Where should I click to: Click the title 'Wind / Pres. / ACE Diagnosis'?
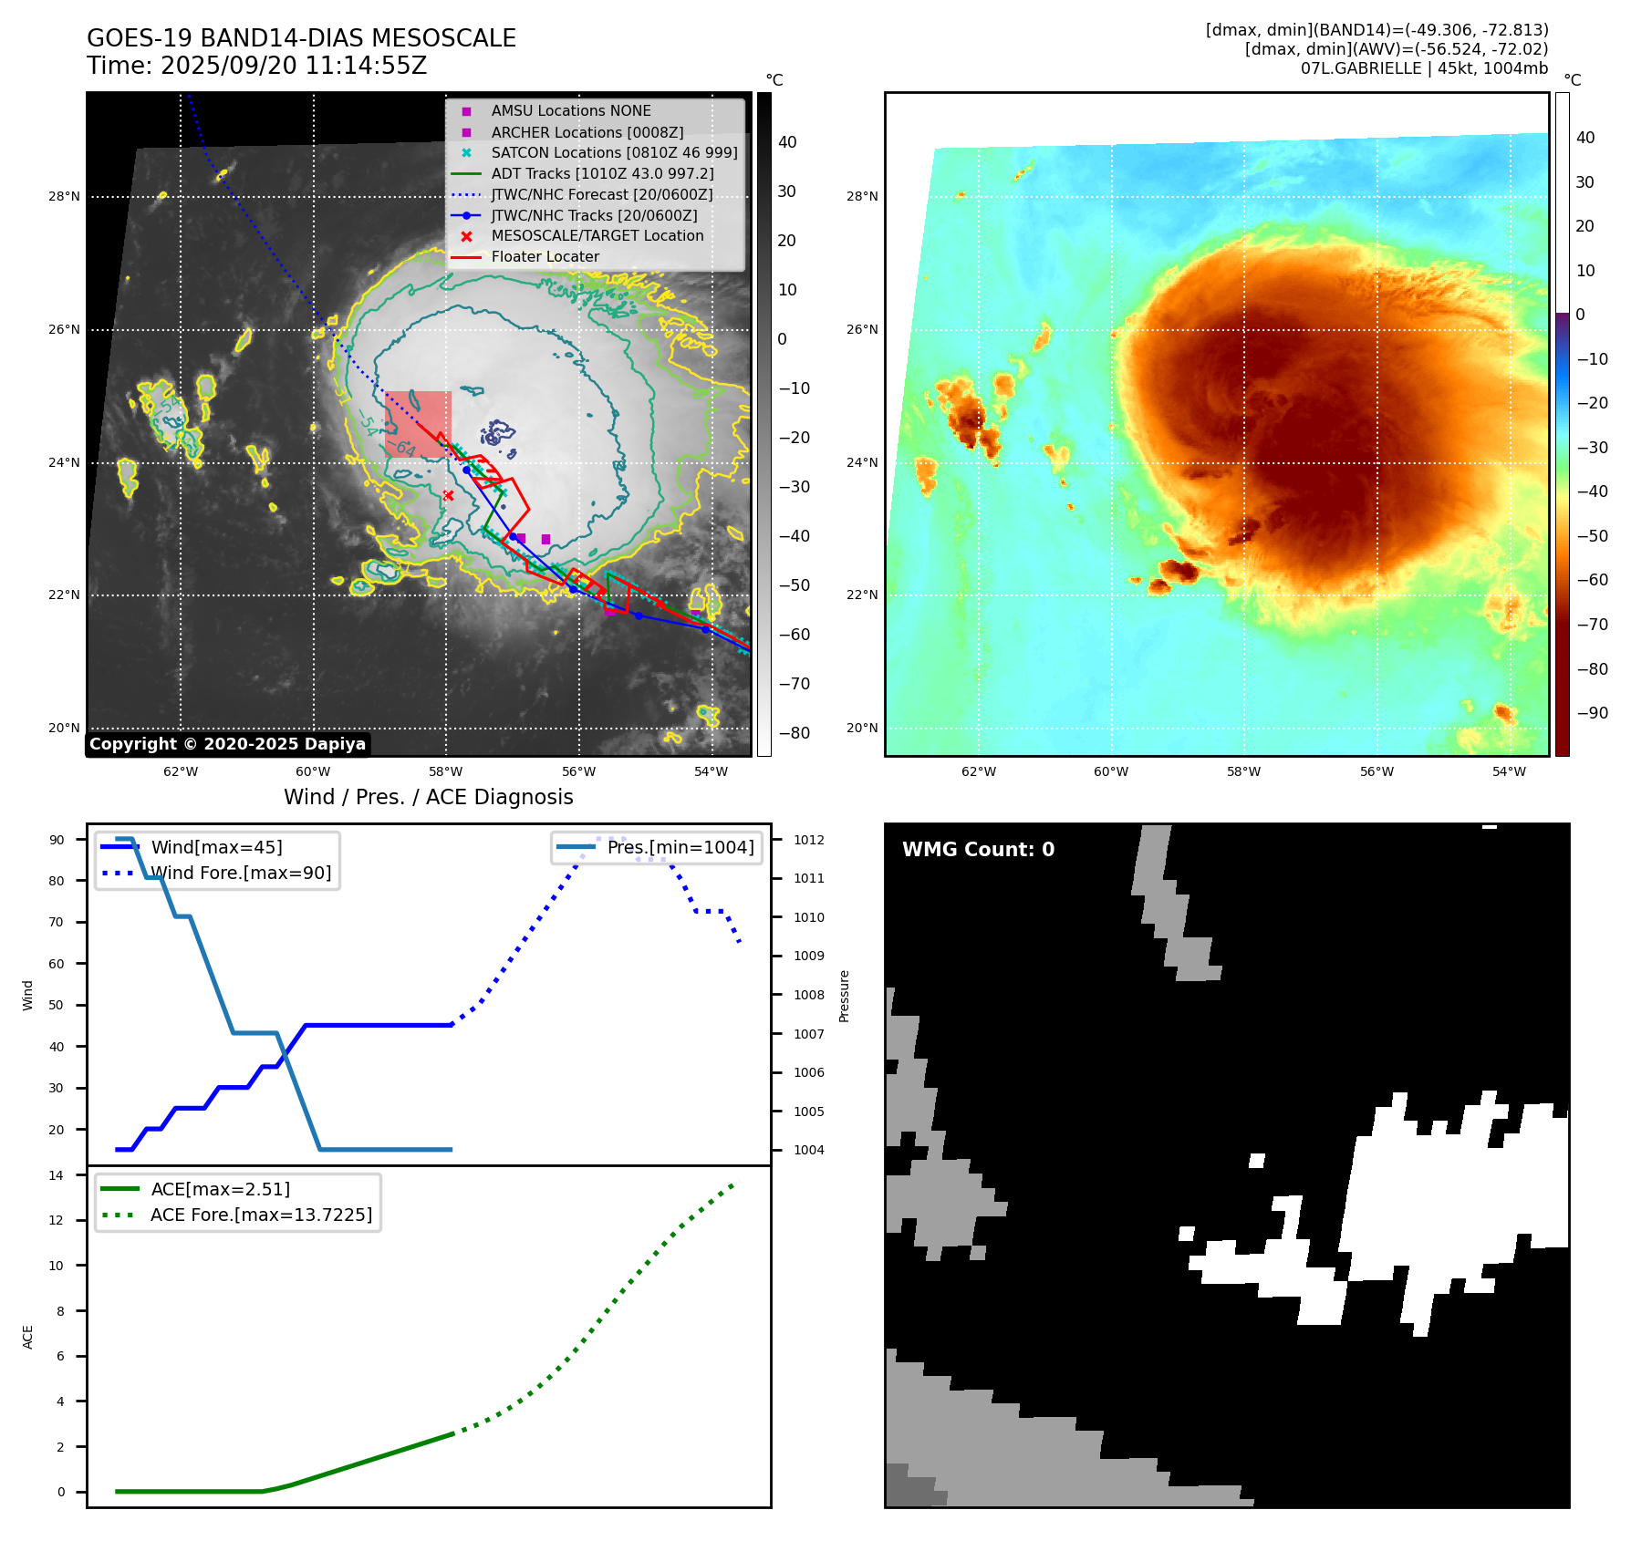(428, 797)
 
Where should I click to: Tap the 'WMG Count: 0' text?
(978, 850)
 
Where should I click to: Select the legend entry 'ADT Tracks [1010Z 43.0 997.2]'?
(602, 173)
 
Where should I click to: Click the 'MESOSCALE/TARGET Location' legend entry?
(597, 236)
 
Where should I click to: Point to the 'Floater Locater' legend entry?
(545, 257)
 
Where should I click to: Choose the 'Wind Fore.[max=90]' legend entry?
(241, 874)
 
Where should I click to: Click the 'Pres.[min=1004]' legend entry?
(680, 848)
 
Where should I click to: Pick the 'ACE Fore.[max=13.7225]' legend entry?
(261, 1215)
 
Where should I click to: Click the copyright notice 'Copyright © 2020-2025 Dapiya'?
(227, 744)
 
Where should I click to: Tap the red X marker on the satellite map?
(448, 495)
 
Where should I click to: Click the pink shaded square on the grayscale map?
(418, 424)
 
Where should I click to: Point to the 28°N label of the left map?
(64, 197)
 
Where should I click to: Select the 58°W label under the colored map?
(1243, 772)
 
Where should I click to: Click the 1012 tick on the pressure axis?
(808, 840)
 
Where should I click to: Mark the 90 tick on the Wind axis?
(57, 840)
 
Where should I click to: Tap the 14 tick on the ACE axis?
(57, 1175)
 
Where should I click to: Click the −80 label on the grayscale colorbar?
(795, 733)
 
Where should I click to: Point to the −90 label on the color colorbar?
(1593, 713)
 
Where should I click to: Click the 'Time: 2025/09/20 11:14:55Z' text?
(256, 67)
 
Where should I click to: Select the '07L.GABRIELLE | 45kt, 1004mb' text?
(1424, 68)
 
